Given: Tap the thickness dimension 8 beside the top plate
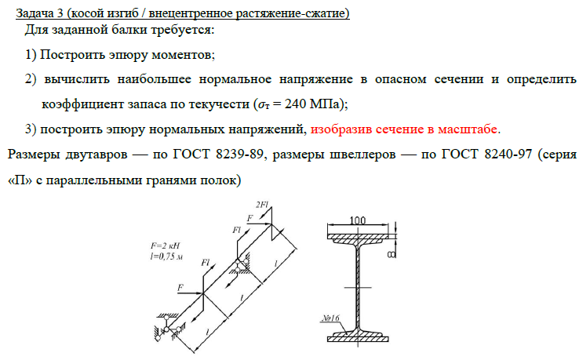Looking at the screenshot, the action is (391, 255).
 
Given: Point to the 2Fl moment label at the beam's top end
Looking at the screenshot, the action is (262, 205).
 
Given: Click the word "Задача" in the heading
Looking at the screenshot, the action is (35, 13).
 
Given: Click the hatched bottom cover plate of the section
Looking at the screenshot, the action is (361, 335).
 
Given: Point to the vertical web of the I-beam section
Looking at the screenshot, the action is (362, 282).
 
